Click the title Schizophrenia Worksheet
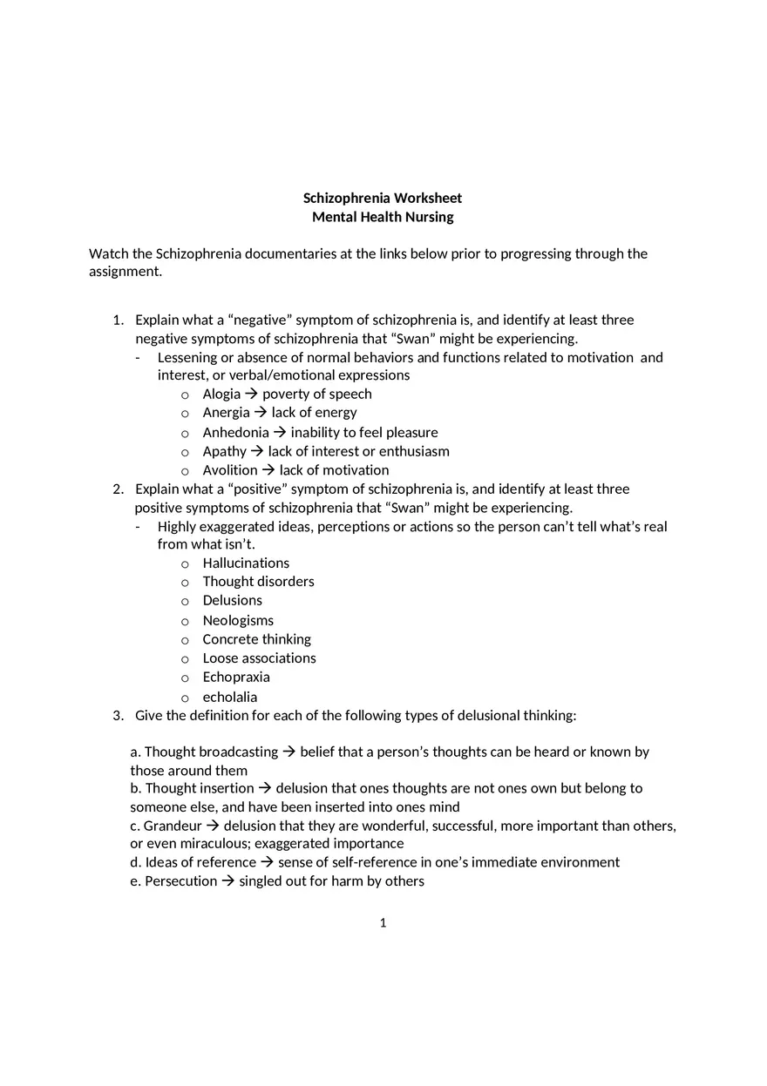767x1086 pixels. point(383,199)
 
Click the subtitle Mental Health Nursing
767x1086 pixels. point(383,217)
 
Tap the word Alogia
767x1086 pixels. point(221,395)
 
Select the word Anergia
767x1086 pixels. point(226,413)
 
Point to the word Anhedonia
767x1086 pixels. point(235,433)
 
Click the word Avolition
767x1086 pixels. point(230,470)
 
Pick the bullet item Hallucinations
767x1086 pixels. point(246,563)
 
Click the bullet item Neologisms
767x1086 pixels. point(238,621)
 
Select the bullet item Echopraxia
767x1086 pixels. point(236,678)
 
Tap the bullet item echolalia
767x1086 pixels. point(230,697)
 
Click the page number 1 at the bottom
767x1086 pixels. point(383,923)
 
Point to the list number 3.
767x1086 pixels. point(118,716)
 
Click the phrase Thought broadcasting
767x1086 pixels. point(211,752)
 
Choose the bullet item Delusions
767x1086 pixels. point(232,601)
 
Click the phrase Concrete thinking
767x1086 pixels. point(256,639)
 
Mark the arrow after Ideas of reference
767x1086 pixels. point(267,862)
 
